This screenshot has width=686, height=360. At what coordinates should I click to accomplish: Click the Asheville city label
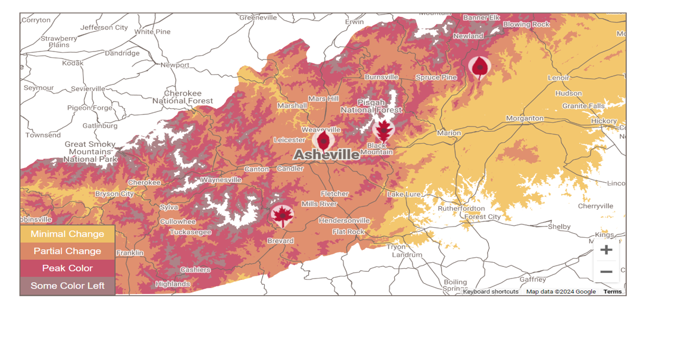point(326,155)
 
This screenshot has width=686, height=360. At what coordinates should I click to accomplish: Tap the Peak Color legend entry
point(68,268)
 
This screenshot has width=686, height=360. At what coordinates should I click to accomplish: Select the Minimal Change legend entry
point(68,234)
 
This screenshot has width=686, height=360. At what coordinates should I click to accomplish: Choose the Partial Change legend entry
point(68,251)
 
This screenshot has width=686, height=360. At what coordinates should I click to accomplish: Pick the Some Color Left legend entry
point(68,285)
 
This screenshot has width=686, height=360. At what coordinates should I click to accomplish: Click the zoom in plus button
point(606,250)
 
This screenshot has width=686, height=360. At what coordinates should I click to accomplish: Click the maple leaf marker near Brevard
point(282,216)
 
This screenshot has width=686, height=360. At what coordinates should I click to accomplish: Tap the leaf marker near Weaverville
point(323,141)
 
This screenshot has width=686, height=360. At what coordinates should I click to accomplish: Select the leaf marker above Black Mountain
point(383,130)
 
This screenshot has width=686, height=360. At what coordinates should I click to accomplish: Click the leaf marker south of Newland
point(479,68)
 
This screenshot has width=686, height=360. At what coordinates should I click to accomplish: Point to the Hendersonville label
point(344,221)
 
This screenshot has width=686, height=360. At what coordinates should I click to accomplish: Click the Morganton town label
point(524,118)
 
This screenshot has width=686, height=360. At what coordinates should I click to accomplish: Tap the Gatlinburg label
point(100,126)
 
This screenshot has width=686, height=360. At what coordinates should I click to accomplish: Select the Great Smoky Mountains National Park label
point(90,151)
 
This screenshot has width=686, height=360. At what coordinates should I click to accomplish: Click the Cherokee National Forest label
point(183,97)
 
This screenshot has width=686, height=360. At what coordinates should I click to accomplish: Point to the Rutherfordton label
point(461,208)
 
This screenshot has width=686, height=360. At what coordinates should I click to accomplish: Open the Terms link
point(612,292)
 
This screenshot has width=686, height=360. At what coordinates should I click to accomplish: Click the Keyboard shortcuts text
point(490,292)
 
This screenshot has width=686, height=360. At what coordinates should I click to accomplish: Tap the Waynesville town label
point(221,180)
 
